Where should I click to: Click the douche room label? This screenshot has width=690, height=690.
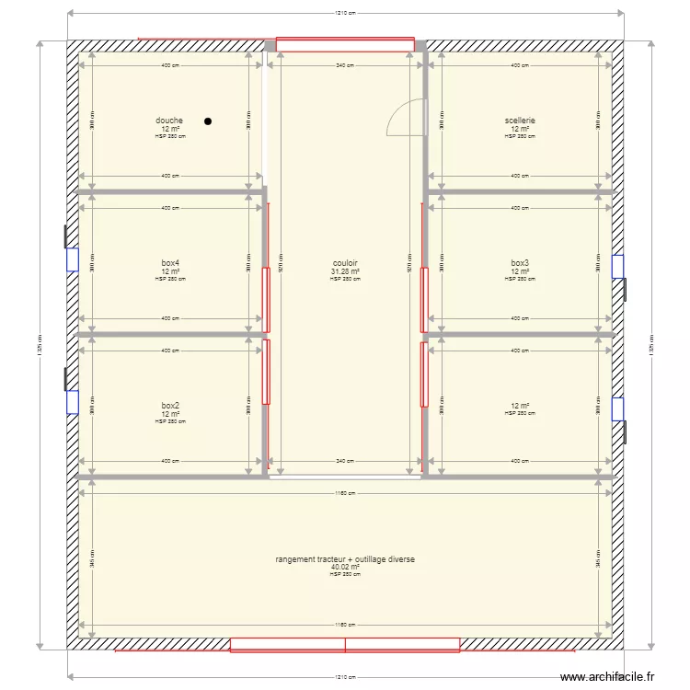[x=169, y=121]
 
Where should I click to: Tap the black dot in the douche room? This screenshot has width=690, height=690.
[x=208, y=121]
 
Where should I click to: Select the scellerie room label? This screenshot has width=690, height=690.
[x=519, y=121]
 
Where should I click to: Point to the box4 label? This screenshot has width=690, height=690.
[x=169, y=263]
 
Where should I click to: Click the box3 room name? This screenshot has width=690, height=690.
[x=520, y=263]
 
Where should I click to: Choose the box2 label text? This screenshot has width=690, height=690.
[x=169, y=406]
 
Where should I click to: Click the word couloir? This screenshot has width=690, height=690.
[x=345, y=263]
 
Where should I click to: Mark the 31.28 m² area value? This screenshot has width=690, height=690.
[x=345, y=271]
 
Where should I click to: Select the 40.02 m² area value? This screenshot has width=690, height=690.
[x=345, y=568]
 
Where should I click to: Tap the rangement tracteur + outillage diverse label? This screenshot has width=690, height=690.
[x=345, y=559]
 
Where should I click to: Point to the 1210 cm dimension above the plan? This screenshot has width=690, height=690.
[x=345, y=14]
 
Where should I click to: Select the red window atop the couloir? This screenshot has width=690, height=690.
[x=345, y=43]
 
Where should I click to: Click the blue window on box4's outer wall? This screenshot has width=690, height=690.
[x=72, y=259]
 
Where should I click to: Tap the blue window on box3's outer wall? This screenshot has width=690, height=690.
[x=618, y=266]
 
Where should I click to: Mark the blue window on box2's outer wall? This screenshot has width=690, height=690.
[x=72, y=402]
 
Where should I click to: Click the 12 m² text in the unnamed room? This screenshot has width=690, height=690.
[x=520, y=406]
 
